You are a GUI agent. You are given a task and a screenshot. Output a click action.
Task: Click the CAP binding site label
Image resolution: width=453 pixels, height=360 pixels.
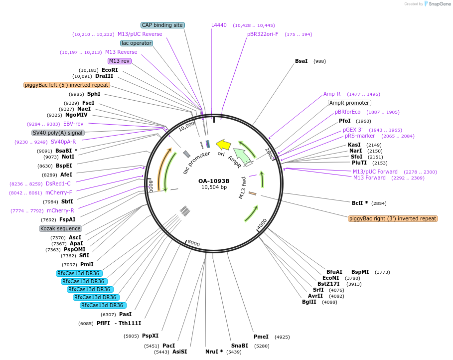coord(162,25)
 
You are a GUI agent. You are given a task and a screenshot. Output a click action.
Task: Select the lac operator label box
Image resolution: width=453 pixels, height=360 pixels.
coord(137,43)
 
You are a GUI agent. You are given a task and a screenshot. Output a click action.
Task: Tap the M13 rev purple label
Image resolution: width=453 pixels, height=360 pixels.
coord(119,61)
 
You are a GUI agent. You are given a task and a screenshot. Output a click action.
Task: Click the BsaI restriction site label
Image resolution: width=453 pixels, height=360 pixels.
coord(301,61)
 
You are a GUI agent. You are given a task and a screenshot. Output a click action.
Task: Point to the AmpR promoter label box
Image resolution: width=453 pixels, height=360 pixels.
coord(349,103)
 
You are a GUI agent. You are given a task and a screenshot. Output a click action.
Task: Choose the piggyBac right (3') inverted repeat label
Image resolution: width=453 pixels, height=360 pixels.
coord(393,218)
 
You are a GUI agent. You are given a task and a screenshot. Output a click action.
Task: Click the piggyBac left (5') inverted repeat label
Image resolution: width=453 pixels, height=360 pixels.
coord(66,85)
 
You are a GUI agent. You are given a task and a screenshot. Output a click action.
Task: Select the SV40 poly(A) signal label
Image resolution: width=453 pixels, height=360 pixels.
coord(58,133)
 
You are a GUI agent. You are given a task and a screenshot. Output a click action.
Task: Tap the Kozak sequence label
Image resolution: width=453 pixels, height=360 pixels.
coord(60,228)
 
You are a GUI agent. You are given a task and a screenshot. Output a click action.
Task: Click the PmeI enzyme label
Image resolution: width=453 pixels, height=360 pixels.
coord(261,337)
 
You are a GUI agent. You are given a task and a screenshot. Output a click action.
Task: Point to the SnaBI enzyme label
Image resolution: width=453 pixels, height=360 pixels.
coord(239,346)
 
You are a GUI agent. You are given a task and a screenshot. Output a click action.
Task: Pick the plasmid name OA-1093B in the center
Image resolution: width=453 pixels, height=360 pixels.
coord(214,181)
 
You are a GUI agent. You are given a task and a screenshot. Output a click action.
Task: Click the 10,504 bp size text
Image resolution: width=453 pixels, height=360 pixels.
coord(214,187)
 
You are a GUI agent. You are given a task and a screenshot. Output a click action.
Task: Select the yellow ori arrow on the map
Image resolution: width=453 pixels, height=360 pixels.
coord(224,145)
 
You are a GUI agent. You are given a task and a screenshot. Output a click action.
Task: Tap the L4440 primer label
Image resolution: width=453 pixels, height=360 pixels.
coord(219,25)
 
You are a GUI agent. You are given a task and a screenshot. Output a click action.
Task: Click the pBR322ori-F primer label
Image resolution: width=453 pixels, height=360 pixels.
coord(263,34)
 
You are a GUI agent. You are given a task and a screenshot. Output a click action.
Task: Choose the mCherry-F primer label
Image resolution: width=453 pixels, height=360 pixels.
coord(58,192)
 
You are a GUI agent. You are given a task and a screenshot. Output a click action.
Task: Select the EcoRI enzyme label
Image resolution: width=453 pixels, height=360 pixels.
coord(110,70)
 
